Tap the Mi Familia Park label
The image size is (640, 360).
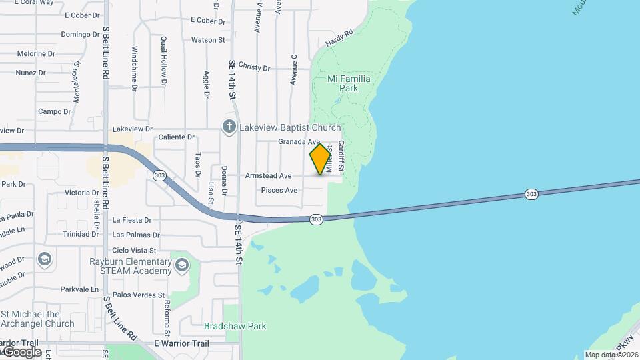point(349,83)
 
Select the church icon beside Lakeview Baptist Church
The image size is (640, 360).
point(229,127)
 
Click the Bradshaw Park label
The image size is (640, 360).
point(235,326)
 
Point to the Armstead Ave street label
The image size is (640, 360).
point(268,176)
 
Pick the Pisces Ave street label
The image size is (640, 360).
point(279,191)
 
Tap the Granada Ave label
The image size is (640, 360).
point(299,142)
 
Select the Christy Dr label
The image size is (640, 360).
point(253,68)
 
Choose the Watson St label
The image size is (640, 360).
point(208,40)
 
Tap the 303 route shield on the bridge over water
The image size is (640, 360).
point(531,194)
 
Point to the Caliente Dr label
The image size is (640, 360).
point(176,137)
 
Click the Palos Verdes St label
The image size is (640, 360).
point(139,295)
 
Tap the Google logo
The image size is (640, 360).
point(21,351)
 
